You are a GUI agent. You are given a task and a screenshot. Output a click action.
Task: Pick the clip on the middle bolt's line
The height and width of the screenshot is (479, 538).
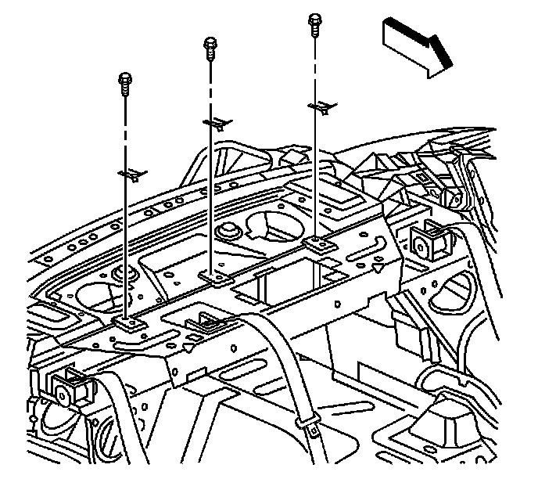point(217,122)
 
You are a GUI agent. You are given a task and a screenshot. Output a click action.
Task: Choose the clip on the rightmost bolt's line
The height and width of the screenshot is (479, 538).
point(320,106)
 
